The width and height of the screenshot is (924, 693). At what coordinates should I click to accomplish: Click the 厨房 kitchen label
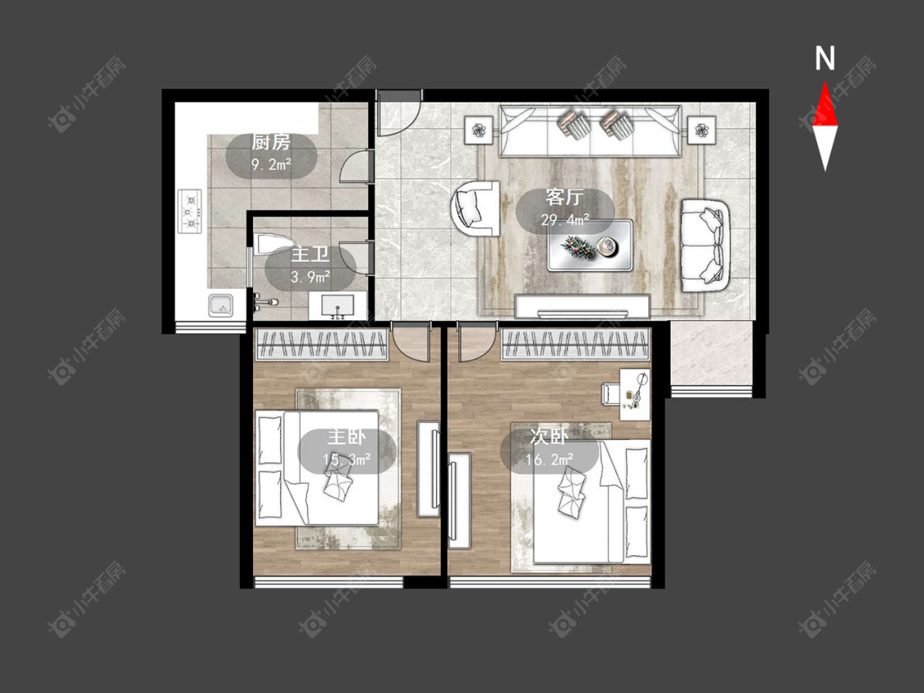point(271,143)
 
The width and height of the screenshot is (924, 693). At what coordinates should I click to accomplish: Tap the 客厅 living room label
point(564,197)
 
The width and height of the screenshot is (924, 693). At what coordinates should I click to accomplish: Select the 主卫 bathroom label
point(310,255)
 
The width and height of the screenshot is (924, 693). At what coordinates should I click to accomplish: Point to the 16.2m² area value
point(549,459)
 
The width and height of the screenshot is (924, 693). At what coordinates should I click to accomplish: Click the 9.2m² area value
point(272,164)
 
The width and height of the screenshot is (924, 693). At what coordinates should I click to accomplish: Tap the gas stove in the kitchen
point(190,211)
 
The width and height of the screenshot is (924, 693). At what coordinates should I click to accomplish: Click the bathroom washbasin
point(338,306)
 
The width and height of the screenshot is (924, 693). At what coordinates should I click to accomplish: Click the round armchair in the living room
point(475,209)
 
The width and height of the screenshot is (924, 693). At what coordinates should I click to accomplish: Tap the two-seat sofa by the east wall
point(706,246)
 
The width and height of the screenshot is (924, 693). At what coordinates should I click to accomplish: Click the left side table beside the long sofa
point(479,130)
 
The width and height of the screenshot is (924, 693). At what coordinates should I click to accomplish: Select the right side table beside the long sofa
point(701,130)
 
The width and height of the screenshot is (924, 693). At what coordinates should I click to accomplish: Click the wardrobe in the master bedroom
point(322,345)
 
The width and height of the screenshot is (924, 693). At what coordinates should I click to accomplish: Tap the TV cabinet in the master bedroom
point(429,469)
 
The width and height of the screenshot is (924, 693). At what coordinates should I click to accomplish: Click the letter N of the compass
point(825,58)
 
